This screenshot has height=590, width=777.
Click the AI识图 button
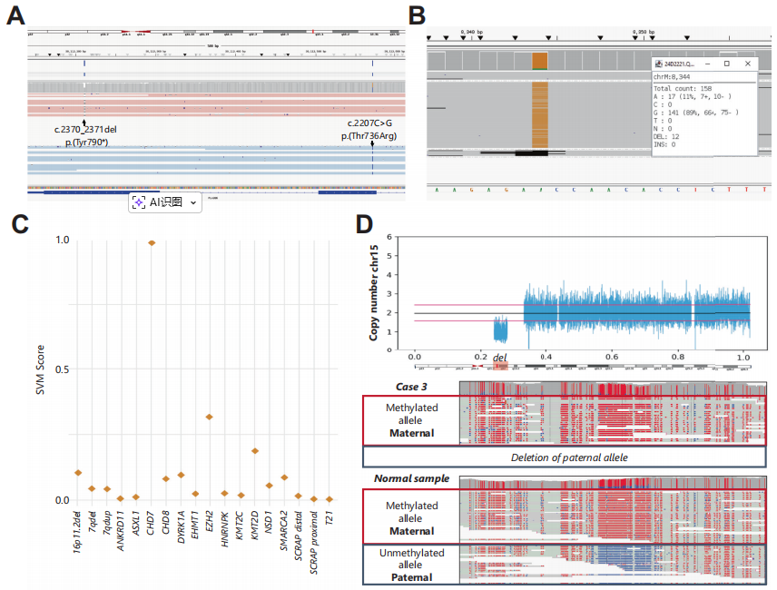[164, 202]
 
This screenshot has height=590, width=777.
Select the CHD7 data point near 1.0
[152, 243]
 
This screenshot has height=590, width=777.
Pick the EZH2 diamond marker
[210, 417]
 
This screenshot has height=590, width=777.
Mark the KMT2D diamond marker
[254, 450]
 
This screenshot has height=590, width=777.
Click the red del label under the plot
[499, 359]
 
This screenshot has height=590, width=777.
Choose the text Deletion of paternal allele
[568, 457]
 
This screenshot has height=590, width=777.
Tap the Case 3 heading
[411, 388]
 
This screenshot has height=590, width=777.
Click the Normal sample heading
[411, 478]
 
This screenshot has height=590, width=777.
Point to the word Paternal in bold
[411, 577]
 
